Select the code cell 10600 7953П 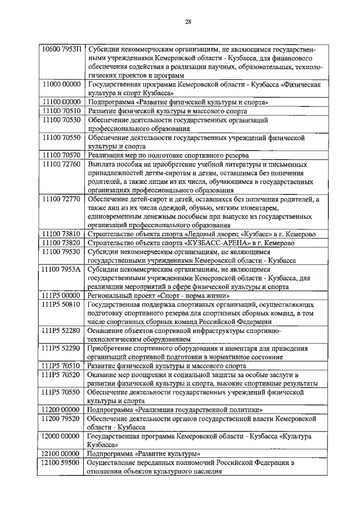tap(61, 49)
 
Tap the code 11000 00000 tap(61, 84)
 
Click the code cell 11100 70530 tap(61, 120)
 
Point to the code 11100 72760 tap(61, 164)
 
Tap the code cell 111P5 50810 tap(61, 304)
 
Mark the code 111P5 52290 tap(61, 348)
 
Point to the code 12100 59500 tap(61, 462)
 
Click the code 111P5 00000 tap(61, 295)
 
